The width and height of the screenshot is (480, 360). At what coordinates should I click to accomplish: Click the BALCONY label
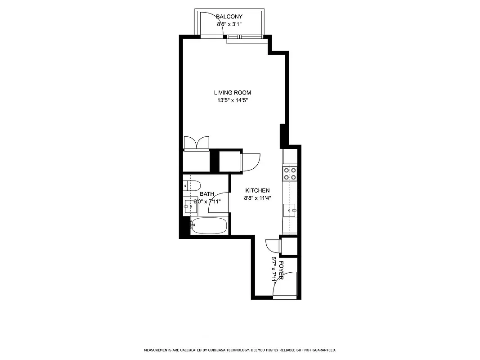point(229,17)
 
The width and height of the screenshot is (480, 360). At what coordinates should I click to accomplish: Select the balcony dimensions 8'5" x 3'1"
point(229,24)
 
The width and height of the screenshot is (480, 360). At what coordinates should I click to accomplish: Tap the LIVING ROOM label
point(232,93)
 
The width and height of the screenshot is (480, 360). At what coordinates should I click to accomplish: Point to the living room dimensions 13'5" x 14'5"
point(232,100)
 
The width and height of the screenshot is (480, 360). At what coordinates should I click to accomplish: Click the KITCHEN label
point(257,191)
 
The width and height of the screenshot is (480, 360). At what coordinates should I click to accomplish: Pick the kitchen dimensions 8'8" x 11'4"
point(257,198)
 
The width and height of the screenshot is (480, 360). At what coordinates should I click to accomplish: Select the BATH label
point(207,194)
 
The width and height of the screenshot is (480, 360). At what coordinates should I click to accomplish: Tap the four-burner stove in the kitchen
point(289,173)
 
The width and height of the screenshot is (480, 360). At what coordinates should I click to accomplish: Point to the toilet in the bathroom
point(192,184)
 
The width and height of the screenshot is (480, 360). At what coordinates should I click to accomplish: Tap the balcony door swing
point(209,25)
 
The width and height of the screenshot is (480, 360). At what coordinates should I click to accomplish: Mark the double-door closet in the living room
point(196,143)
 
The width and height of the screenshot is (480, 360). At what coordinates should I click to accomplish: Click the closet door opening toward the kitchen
point(251,162)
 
